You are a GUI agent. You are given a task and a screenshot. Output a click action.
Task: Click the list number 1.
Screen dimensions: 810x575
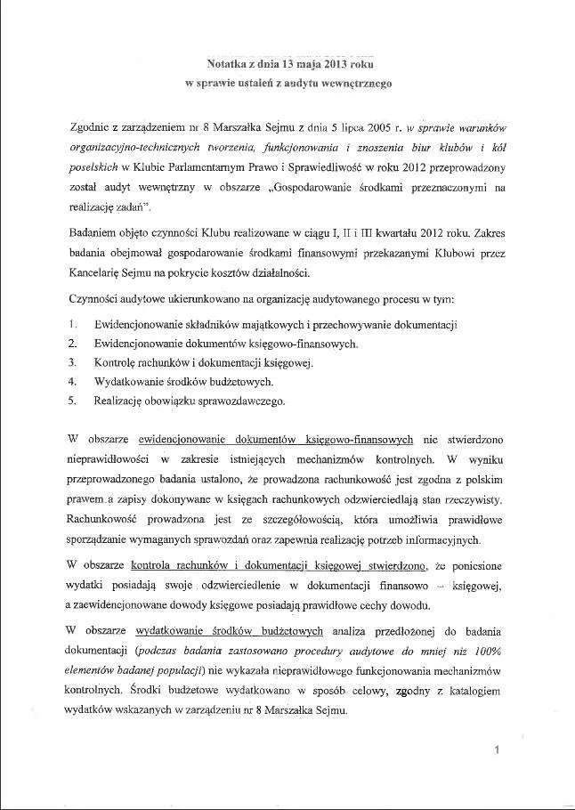pyautogui.click(x=71, y=324)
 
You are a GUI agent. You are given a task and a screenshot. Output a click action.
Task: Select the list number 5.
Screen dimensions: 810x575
pyautogui.click(x=71, y=401)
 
